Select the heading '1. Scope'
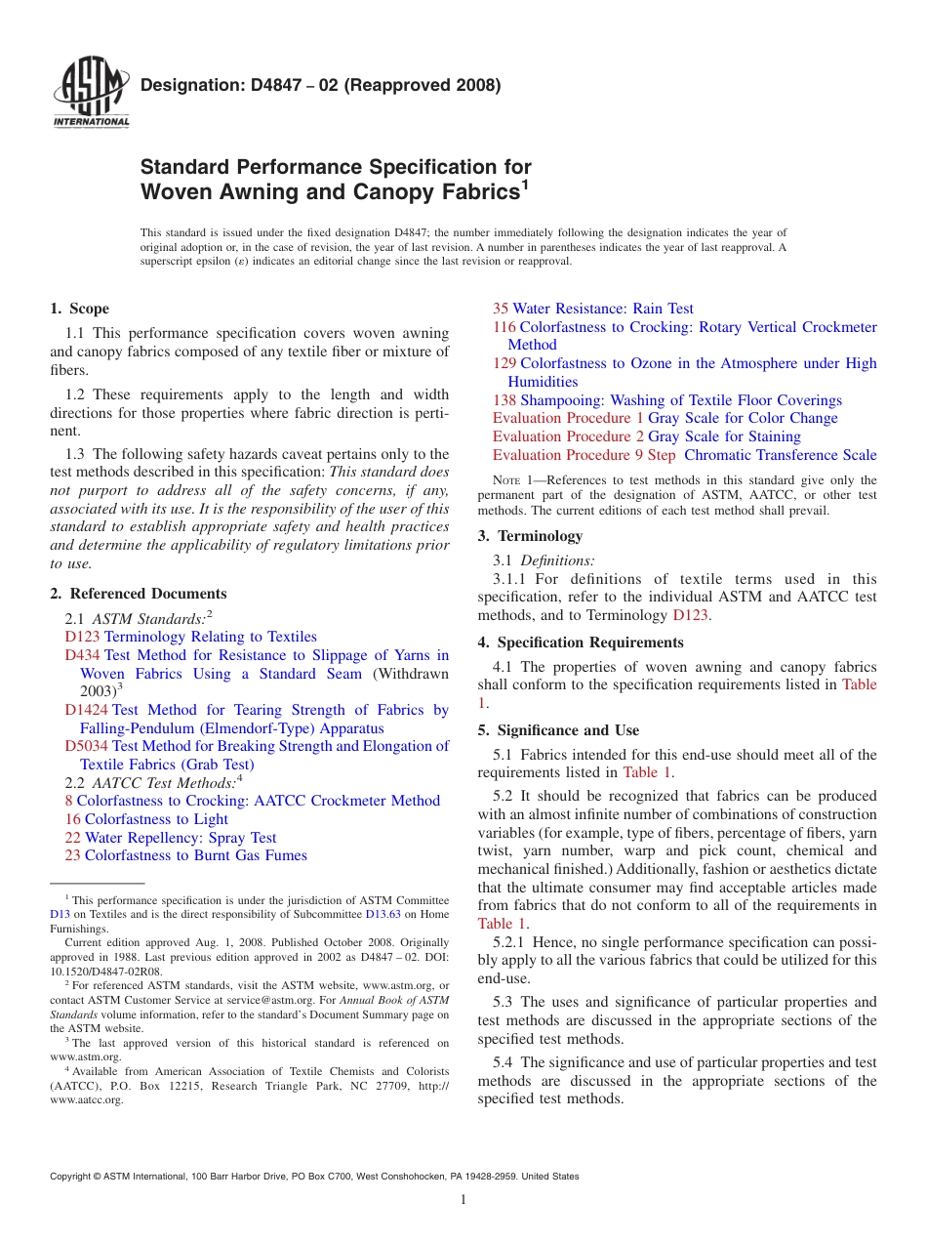pyautogui.click(x=79, y=309)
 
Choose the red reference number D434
pyautogui.click(x=82, y=655)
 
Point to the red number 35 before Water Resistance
pyautogui.click(x=501, y=309)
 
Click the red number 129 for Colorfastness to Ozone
pyautogui.click(x=504, y=363)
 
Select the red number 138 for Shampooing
pyautogui.click(x=504, y=400)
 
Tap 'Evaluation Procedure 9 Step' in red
pyautogui.click(x=584, y=455)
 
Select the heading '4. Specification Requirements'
pyautogui.click(x=581, y=642)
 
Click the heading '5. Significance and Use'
pyautogui.click(x=558, y=730)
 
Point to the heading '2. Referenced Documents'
pyautogui.click(x=138, y=594)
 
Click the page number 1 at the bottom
pyautogui.click(x=463, y=1200)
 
